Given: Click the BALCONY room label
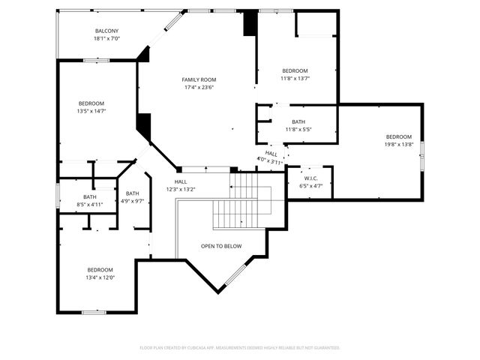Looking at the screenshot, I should pyautogui.click(x=106, y=31).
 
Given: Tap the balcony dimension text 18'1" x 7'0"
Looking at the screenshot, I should pyautogui.click(x=106, y=38).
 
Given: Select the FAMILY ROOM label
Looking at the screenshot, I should pyautogui.click(x=199, y=79).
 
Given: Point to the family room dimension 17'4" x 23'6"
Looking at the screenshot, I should pyautogui.click(x=199, y=87).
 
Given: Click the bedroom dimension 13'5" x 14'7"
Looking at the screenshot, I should pyautogui.click(x=91, y=111).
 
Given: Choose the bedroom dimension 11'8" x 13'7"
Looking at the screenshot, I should pyautogui.click(x=295, y=78).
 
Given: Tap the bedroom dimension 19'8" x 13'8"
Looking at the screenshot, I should pyautogui.click(x=399, y=144).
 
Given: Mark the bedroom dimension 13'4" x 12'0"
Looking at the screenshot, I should pyautogui.click(x=100, y=277).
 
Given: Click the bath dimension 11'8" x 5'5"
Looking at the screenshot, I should pyautogui.click(x=298, y=129).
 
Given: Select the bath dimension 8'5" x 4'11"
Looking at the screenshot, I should pyautogui.click(x=89, y=204).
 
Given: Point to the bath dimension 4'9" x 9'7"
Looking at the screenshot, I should pyautogui.click(x=132, y=201).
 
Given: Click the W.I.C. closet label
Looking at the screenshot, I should pyautogui.click(x=310, y=178).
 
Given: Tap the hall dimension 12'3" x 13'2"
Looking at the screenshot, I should pyautogui.click(x=181, y=189).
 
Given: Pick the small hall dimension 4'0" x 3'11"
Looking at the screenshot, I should pyautogui.click(x=270, y=160).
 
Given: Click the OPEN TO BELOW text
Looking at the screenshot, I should pyautogui.click(x=221, y=246).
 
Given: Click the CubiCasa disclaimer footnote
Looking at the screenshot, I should pyautogui.click(x=240, y=348).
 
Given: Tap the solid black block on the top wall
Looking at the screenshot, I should pyautogui.click(x=250, y=24).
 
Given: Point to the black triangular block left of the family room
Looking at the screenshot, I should pyautogui.click(x=144, y=124).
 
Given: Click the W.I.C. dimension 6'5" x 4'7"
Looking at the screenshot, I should pyautogui.click(x=310, y=186).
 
